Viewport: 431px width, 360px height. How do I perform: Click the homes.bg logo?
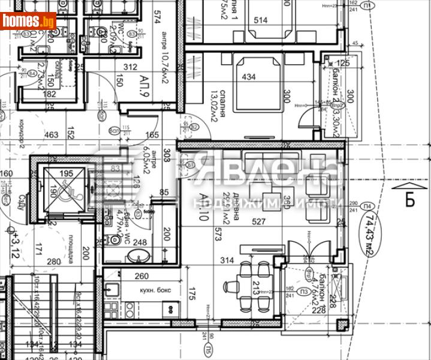tap(28, 21)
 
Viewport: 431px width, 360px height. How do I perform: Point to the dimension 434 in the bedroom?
tap(249, 77)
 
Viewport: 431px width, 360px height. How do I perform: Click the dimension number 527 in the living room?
tap(258, 222)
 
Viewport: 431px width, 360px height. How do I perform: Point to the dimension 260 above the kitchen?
tap(141, 277)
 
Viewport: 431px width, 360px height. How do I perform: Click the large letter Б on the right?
tap(409, 199)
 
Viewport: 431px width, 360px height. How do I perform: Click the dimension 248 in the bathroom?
tap(140, 243)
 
